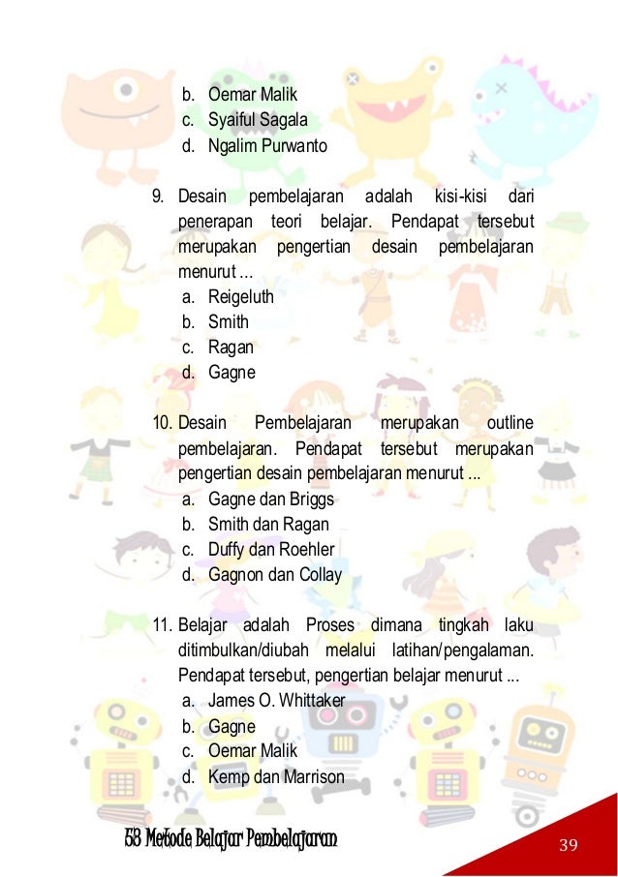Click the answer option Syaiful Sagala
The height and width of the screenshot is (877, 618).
[258, 120]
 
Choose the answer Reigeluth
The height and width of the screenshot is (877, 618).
[241, 297]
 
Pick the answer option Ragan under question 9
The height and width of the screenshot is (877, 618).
[231, 348]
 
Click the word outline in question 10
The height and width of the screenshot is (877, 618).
[510, 424]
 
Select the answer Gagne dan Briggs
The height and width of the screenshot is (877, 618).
[270, 499]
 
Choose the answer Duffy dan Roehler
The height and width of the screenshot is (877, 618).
[271, 550]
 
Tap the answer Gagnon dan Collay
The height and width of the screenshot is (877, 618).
[275, 575]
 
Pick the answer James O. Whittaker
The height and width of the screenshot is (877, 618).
[276, 700]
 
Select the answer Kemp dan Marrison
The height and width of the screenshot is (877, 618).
[276, 775]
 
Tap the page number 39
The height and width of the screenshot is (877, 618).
[568, 846]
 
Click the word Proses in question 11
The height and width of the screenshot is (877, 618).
[329, 625]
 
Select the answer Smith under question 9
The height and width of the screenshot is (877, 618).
[229, 322]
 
